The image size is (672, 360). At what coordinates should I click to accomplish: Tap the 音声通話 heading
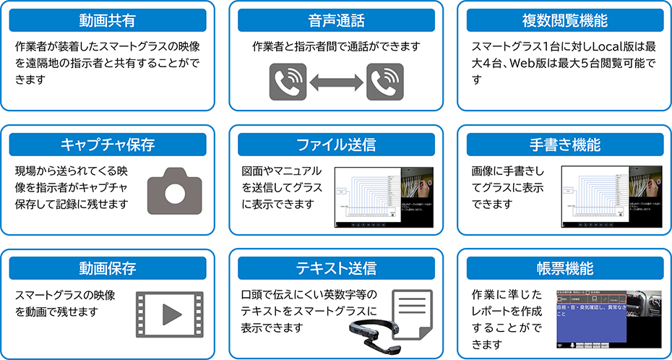(336, 20)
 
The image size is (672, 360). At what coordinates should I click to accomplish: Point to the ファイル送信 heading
(336, 145)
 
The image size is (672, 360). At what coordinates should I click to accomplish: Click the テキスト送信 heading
(336, 269)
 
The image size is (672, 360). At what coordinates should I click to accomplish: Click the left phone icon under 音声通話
(288, 82)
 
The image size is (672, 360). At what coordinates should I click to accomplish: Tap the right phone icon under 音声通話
(384, 82)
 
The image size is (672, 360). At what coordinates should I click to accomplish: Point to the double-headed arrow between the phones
(336, 82)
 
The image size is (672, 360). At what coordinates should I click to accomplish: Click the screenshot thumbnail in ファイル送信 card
(384, 197)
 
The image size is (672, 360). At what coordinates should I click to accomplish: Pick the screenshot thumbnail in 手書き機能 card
(611, 197)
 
